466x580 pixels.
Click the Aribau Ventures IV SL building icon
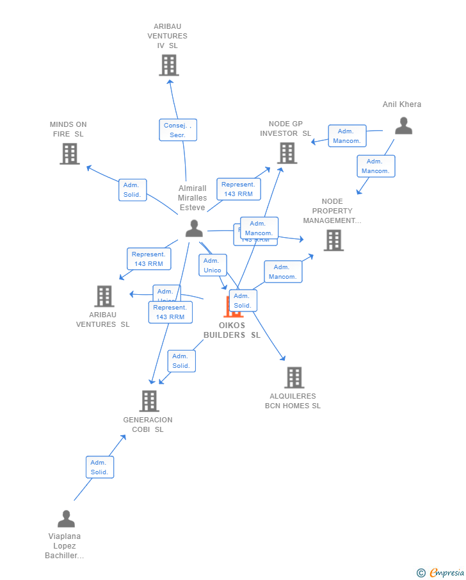coord(169,65)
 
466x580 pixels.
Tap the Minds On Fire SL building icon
coord(70,154)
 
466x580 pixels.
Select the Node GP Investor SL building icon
coord(287,153)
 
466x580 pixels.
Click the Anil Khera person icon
coord(403,126)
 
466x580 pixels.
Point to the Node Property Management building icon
coord(333,240)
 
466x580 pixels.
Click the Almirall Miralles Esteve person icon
coord(194,228)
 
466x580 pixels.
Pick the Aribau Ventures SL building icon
coord(104,296)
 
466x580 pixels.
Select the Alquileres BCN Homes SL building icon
coord(294,377)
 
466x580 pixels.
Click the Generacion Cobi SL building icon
coord(149,401)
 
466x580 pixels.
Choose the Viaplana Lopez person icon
coord(66,518)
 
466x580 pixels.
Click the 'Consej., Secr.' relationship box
coord(178,130)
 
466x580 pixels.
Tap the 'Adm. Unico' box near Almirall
coord(213,265)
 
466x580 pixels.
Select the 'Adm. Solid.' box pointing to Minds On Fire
coord(133,190)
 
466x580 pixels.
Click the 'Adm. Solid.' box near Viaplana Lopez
coord(100,467)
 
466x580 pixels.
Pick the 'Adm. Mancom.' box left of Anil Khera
coord(347,136)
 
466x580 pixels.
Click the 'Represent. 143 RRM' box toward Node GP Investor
coord(238,189)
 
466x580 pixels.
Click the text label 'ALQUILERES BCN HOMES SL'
coord(293,401)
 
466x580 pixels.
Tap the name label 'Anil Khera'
coord(402,104)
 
